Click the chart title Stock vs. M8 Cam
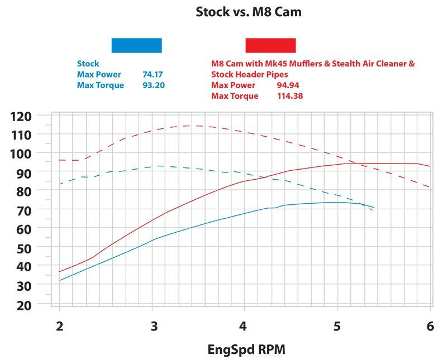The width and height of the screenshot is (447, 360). pyautogui.click(x=248, y=12)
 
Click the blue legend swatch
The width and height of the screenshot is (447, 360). pyautogui.click(x=136, y=45)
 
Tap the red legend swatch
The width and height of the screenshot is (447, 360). pyautogui.click(x=270, y=45)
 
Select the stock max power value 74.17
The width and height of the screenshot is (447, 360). pyautogui.click(x=154, y=74)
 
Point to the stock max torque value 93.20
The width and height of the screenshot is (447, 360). pyautogui.click(x=154, y=85)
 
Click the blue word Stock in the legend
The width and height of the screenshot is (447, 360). pyautogui.click(x=88, y=64)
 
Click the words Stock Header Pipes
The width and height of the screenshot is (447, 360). pyautogui.click(x=249, y=74)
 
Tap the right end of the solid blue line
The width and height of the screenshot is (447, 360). pyautogui.click(x=374, y=208)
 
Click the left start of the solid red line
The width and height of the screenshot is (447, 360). pyautogui.click(x=59, y=272)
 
